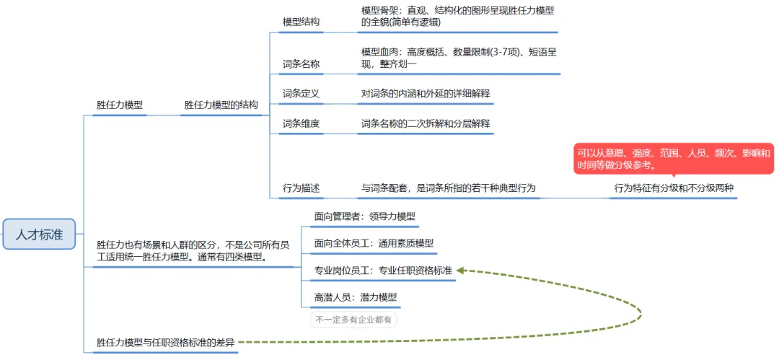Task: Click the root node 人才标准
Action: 39,234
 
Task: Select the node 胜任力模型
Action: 120,105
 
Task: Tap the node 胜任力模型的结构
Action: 221,105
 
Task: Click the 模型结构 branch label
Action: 301,22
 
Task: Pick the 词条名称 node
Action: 301,63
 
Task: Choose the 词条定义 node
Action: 301,93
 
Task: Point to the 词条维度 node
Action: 301,123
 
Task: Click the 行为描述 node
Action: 301,188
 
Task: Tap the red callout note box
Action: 673,159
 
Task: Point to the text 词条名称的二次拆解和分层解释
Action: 426,123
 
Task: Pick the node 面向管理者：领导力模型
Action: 365,216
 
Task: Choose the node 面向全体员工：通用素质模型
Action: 374,243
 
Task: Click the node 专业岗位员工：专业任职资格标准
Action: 383,271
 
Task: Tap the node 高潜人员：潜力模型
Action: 356,297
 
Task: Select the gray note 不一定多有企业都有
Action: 353,319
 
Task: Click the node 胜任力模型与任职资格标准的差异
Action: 166,343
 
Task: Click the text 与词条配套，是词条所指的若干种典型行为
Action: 449,188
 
